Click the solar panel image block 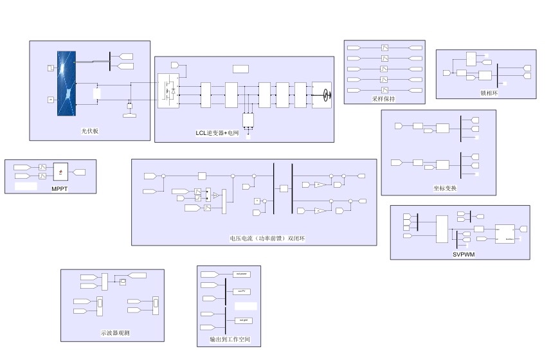(66, 84)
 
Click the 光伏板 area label (89, 131)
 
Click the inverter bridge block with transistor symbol (168, 91)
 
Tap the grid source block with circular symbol (321, 94)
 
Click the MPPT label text (60, 188)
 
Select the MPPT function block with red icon (61, 171)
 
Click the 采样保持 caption (383, 99)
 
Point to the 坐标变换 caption (445, 188)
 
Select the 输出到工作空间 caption (230, 339)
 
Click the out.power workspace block (241, 274)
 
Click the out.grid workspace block (241, 320)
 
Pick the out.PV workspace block (241, 291)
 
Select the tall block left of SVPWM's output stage (441, 230)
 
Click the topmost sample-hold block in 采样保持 (384, 48)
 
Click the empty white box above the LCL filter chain (240, 69)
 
